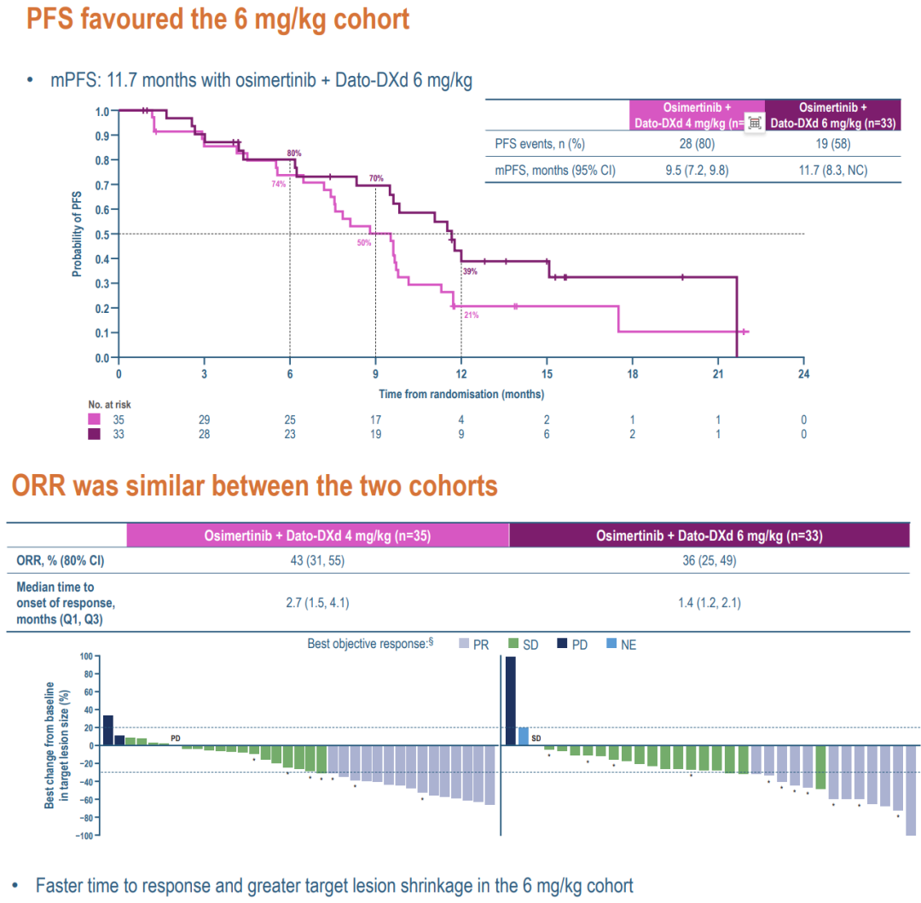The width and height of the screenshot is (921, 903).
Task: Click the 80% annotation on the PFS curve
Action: pos(294,153)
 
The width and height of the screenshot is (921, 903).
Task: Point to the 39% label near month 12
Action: pos(470,271)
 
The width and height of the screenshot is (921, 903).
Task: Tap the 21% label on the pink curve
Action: pos(471,315)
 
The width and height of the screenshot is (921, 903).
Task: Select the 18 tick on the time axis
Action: pos(632,373)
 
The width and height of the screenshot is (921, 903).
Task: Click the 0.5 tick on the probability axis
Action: pos(102,234)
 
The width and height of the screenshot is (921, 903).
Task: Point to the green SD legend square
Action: pos(513,645)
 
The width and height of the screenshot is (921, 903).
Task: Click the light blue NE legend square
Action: pos(611,645)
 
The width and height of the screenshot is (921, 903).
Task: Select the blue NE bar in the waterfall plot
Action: pos(523,736)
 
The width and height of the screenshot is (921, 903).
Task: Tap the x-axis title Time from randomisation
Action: pos(461,394)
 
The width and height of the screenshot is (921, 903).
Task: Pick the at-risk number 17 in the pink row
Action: pos(375,420)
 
